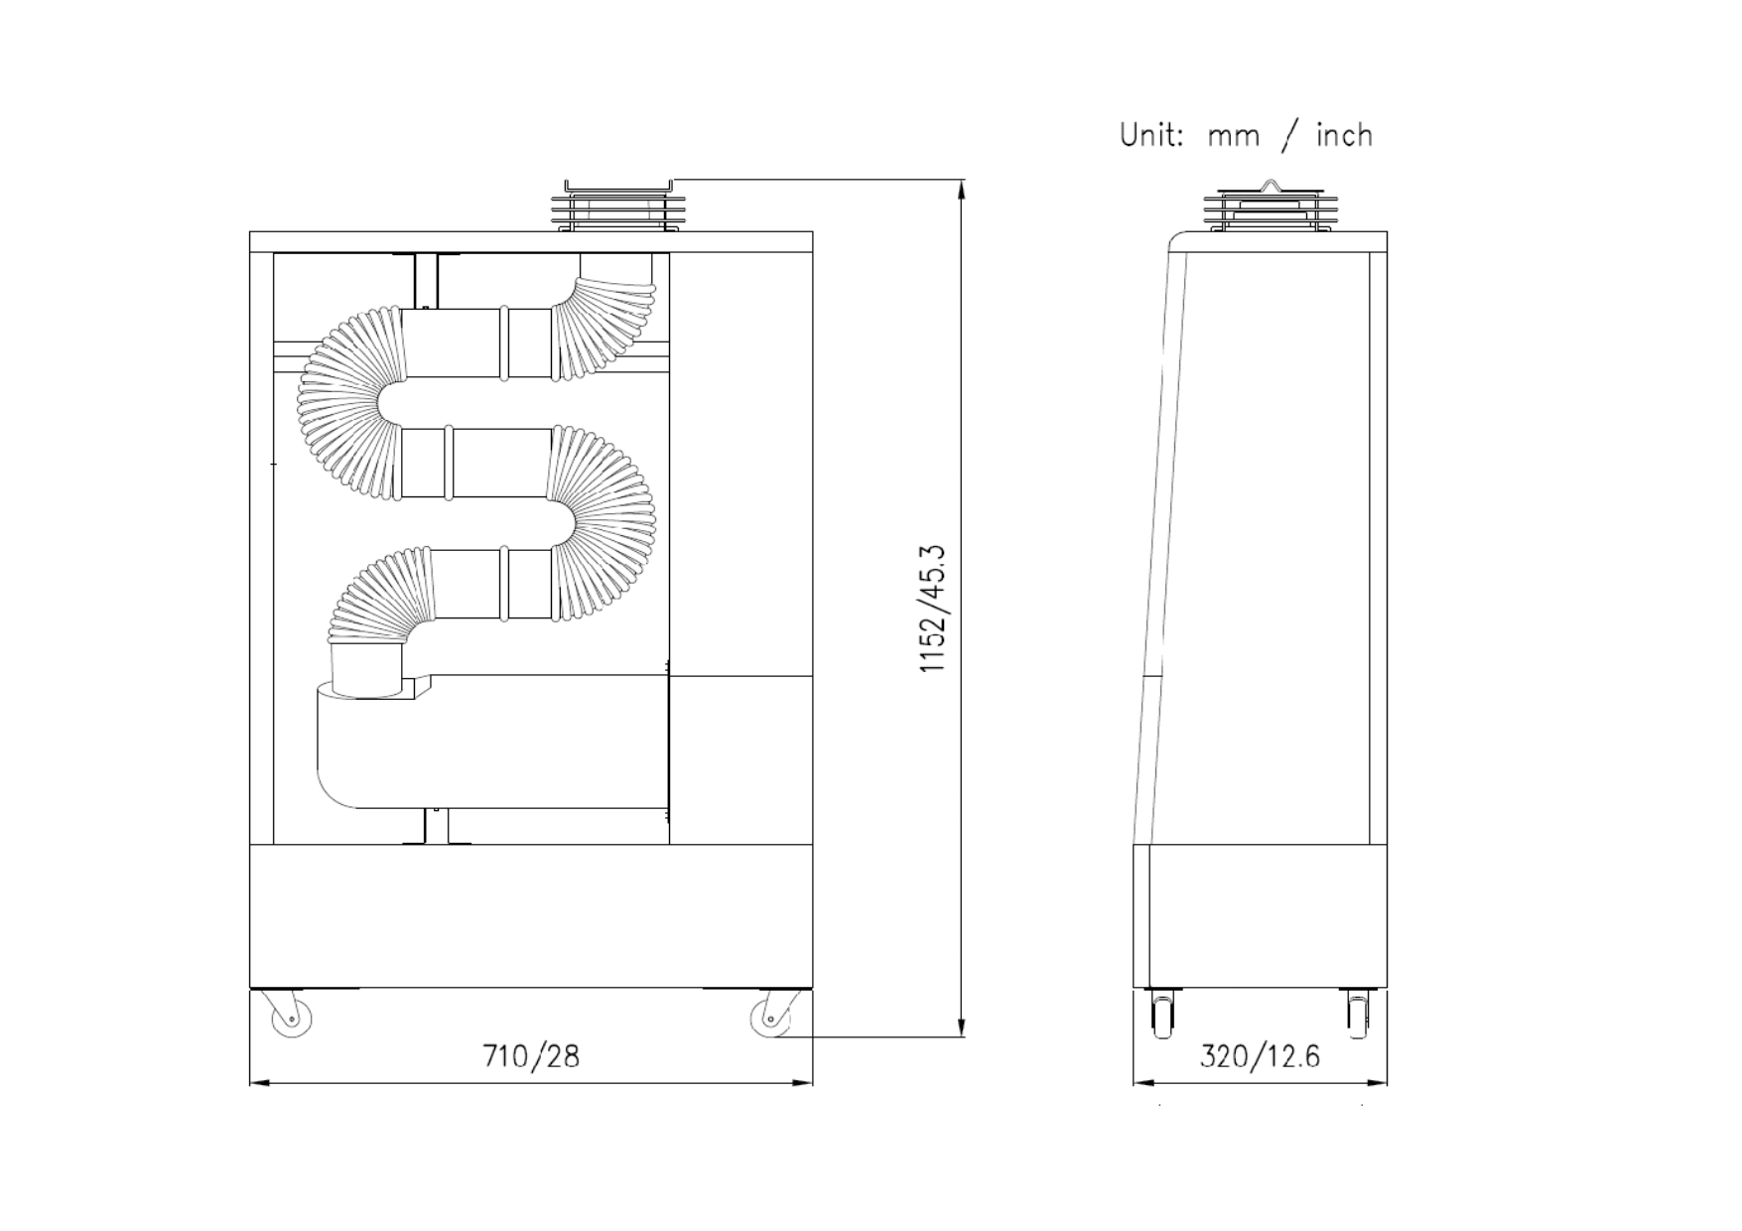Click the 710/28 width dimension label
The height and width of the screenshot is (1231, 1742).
pyautogui.click(x=531, y=1055)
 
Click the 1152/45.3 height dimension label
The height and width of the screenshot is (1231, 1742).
pyautogui.click(x=934, y=609)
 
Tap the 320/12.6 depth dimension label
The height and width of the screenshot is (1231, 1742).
pyautogui.click(x=1261, y=1055)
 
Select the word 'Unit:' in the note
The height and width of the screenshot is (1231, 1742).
pyautogui.click(x=1151, y=134)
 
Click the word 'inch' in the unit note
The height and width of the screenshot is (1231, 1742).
pyautogui.click(x=1345, y=134)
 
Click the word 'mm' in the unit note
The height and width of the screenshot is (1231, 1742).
pyautogui.click(x=1234, y=137)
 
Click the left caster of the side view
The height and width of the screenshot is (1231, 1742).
pyautogui.click(x=1161, y=1014)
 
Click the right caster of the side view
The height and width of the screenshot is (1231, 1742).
pyautogui.click(x=1357, y=1014)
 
